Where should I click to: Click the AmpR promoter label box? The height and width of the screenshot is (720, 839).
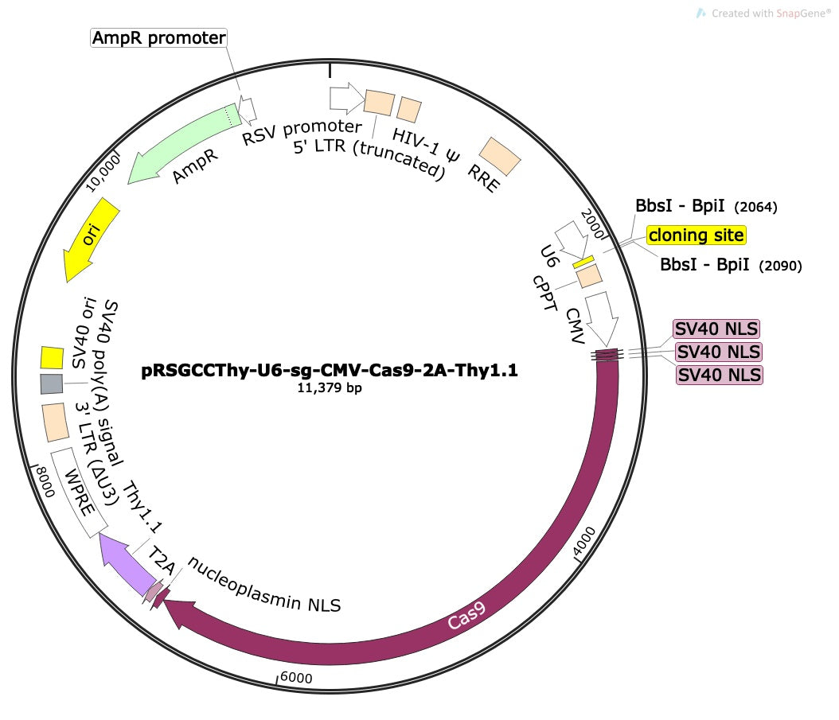pyautogui.click(x=159, y=37)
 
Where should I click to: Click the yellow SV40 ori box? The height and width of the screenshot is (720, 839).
pyautogui.click(x=52, y=358)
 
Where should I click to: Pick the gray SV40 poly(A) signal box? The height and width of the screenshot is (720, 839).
pyautogui.click(x=51, y=384)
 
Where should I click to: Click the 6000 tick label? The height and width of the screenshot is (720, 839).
pyautogui.click(x=296, y=678)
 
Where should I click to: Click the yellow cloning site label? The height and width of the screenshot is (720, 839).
pyautogui.click(x=696, y=235)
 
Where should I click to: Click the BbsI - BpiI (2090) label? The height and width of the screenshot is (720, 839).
pyautogui.click(x=730, y=265)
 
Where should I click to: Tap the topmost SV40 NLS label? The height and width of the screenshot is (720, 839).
pyautogui.click(x=716, y=329)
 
